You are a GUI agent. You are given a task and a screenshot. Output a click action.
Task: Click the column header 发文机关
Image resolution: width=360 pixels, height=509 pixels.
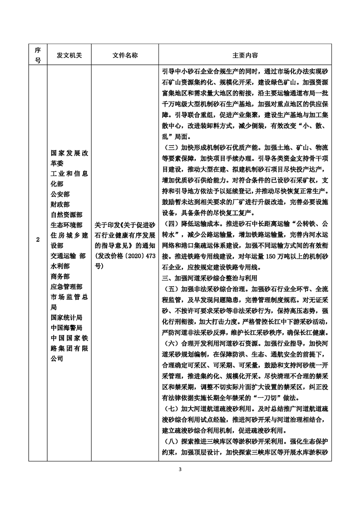tap(69, 55)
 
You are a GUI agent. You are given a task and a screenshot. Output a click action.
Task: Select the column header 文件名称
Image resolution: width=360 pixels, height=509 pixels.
tap(125, 55)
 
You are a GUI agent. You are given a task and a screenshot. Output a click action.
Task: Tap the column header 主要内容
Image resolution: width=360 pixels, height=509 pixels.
tap(245, 55)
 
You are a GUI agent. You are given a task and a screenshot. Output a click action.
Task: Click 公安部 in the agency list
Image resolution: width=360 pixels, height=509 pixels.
tap(61, 195)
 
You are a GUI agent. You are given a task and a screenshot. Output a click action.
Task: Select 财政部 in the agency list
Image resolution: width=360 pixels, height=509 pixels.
tap(61, 205)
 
